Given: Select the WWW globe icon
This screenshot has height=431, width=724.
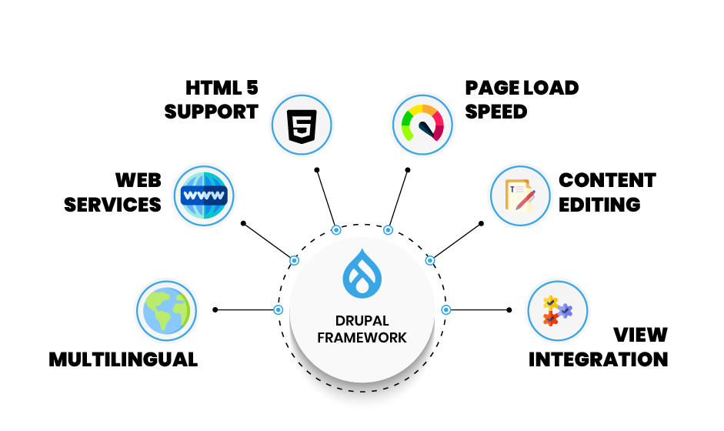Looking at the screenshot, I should coord(202,195).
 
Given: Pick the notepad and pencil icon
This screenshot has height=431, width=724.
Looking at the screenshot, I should coord(521,195).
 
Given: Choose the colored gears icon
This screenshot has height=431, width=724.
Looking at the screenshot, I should coord(557,310).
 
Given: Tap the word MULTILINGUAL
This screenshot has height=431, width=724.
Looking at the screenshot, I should coord(123,359).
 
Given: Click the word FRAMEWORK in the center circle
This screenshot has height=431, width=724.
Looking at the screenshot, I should coord(362,337).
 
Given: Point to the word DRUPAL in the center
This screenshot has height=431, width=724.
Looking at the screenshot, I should coord(362,320).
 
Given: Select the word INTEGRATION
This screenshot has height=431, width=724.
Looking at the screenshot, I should coord(598,359).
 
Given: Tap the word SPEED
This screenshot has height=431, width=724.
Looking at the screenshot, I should coord(496,111).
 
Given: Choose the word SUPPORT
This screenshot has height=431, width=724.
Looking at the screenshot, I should coord(212,111).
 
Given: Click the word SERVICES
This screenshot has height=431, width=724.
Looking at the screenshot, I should coord(113,205).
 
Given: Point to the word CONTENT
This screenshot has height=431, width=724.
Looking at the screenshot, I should coord(607,180).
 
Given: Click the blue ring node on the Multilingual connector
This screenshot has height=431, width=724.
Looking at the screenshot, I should coord(278,310).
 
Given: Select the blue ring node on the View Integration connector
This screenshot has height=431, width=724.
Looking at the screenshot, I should coord(445,309).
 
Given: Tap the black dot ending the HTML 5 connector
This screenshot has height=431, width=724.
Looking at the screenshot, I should coord(316,169).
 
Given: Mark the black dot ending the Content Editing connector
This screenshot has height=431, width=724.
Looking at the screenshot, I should coord(481,223).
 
